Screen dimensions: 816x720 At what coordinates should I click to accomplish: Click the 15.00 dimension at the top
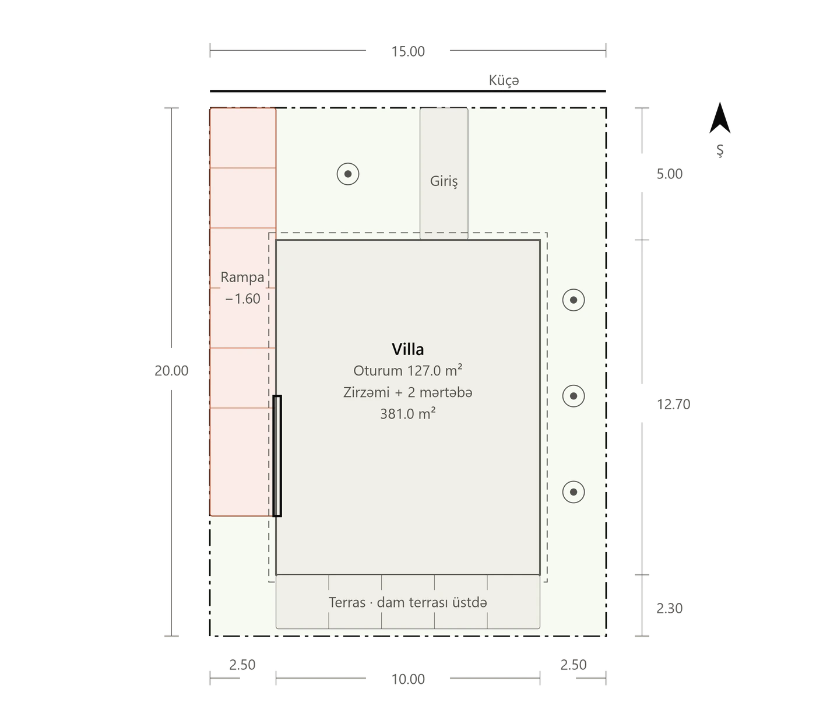(x=408, y=51)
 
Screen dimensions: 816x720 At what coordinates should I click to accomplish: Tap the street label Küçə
(x=504, y=80)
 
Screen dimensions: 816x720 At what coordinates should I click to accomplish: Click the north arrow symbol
(x=720, y=118)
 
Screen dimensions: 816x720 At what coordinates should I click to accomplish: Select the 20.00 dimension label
(x=171, y=371)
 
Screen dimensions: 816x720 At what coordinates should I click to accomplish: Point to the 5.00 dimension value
(x=669, y=174)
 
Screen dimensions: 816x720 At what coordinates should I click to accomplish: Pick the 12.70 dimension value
(x=673, y=404)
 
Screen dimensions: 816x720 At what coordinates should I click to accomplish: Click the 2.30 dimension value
(x=669, y=609)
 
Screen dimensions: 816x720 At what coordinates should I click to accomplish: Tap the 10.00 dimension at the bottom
(x=408, y=679)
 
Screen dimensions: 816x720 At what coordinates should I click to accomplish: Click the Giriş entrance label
(x=444, y=181)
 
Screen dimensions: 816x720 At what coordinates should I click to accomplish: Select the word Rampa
(x=242, y=277)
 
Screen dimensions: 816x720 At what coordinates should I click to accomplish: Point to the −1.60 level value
(x=242, y=298)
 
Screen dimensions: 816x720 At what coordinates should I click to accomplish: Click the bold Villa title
(x=407, y=349)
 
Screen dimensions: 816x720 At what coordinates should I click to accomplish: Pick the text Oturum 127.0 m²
(x=407, y=371)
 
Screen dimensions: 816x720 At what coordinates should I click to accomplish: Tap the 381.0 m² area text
(x=407, y=414)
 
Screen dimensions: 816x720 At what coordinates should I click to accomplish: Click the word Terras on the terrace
(x=347, y=602)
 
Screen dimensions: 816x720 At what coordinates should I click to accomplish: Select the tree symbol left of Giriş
(x=348, y=174)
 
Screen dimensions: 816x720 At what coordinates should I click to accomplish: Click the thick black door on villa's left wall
(x=277, y=456)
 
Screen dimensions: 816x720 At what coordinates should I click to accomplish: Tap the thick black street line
(x=408, y=91)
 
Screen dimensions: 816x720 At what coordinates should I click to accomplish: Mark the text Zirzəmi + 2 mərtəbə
(x=407, y=392)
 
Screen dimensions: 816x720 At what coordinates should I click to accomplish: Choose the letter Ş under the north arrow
(x=720, y=150)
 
